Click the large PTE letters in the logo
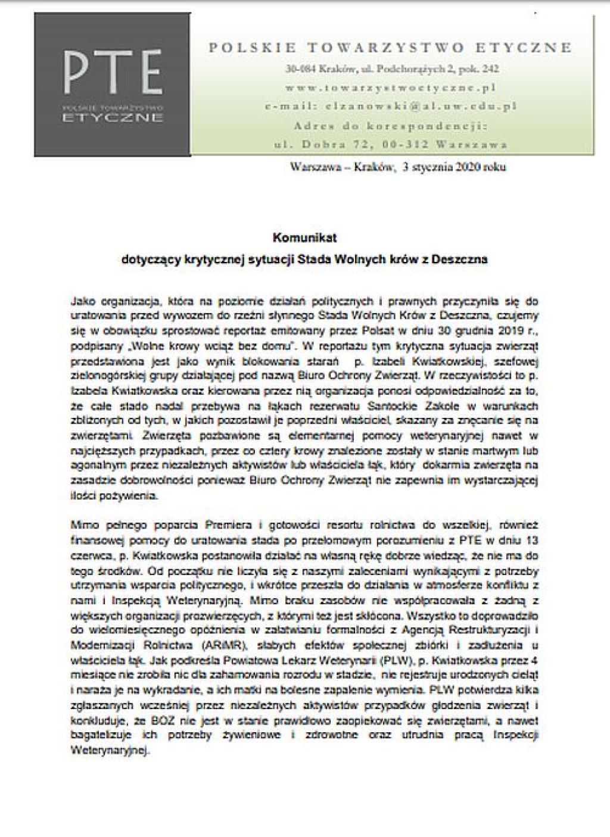tap(113, 73)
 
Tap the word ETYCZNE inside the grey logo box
tap(113, 117)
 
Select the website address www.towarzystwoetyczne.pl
tap(391, 88)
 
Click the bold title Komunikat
tap(304, 238)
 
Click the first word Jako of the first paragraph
tap(82, 301)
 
